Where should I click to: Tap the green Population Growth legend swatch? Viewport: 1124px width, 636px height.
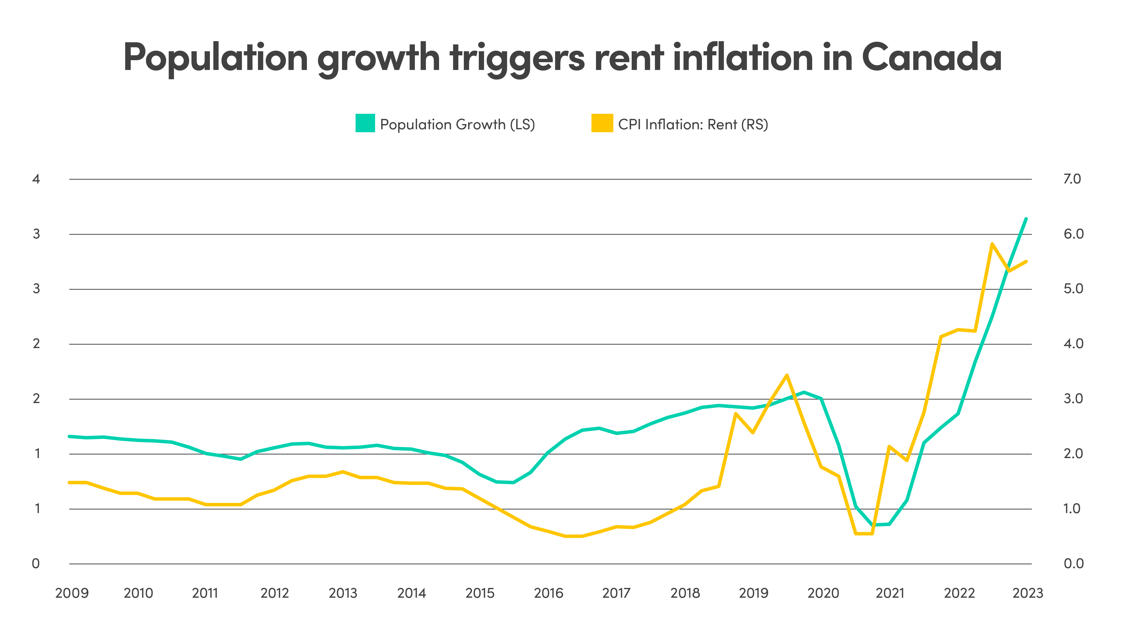[365, 123]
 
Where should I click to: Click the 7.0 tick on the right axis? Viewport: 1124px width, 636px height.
[1072, 179]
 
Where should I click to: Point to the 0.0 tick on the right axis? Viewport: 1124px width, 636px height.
[1073, 563]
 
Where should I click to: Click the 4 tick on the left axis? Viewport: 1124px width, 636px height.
[36, 179]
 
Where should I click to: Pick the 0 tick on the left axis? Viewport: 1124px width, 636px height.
[36, 563]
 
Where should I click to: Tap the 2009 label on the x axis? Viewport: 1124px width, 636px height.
[72, 593]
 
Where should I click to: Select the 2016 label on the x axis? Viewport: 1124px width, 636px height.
[548, 593]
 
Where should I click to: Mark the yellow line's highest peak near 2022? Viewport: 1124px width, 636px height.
[992, 244]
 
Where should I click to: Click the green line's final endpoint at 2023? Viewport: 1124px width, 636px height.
[1026, 219]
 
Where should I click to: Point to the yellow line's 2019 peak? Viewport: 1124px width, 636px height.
[787, 375]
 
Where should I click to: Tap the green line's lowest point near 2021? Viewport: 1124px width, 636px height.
[872, 525]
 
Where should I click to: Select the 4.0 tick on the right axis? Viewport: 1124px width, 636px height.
[1073, 344]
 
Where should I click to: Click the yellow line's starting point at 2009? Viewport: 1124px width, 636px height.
[70, 482]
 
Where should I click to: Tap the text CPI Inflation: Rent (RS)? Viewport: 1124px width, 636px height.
[693, 124]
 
